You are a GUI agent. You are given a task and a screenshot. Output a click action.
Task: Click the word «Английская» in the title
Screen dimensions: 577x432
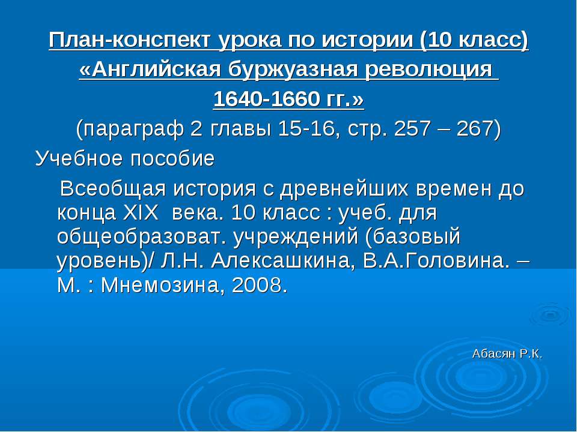(151, 69)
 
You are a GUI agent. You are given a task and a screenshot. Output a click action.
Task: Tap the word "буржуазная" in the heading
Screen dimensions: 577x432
(293, 70)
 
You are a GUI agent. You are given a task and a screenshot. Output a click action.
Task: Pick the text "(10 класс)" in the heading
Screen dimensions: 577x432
(474, 40)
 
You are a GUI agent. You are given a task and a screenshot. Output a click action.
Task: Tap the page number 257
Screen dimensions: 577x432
(412, 128)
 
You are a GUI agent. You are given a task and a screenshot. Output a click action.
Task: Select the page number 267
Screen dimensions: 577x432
(475, 128)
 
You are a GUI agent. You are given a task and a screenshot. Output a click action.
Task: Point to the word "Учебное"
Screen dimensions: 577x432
(79, 158)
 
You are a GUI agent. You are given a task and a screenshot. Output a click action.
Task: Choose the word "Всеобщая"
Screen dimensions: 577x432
(114, 189)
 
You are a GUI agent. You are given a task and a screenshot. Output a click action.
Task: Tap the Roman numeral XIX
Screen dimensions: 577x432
(140, 212)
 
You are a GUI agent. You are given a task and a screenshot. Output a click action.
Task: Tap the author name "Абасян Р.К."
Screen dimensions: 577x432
(507, 354)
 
